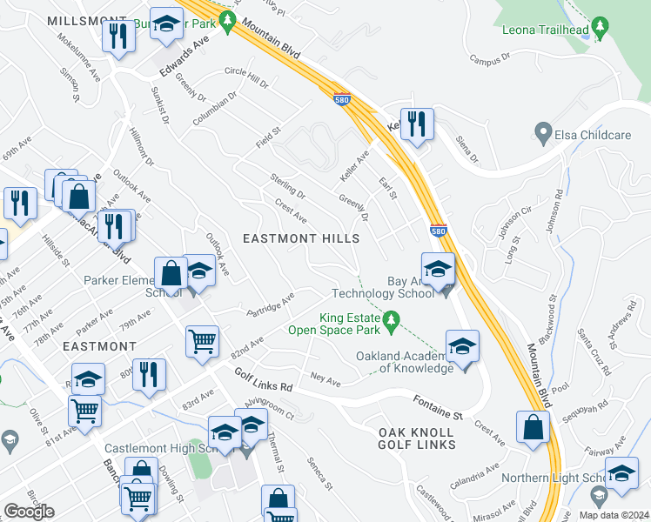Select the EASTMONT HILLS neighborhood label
[x=300, y=238]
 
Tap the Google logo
[x=29, y=512]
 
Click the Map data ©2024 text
[x=614, y=514]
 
